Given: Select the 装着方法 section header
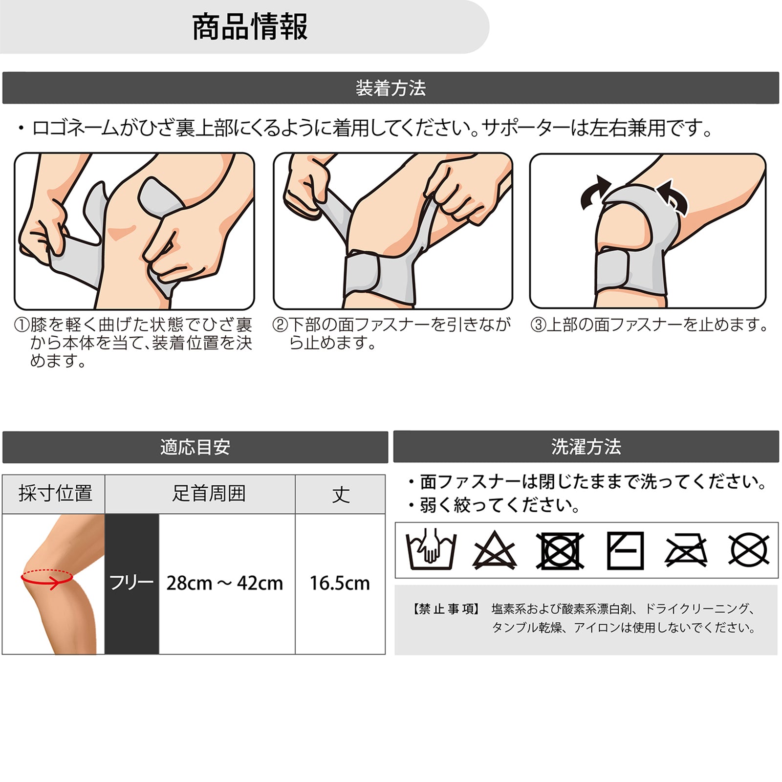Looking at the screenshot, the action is pos(391,88).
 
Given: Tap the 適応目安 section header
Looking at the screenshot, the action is pos(195,447).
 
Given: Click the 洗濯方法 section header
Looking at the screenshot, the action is pos(586,446).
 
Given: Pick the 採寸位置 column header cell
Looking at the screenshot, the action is pos(54,494).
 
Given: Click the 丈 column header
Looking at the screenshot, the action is pos(340,494).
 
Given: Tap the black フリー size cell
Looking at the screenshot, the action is pos(131,584).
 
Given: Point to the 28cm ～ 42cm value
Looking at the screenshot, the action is pos(224,583).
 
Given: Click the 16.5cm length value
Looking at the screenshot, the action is pos(340,583).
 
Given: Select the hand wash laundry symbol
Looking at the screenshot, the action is pos(431,549).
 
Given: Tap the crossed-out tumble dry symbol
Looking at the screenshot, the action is pos(560,551).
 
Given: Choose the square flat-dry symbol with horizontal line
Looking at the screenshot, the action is pos(625,551).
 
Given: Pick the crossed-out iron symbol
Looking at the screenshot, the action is pos(686,551).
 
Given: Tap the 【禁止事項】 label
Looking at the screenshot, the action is pos(446,609).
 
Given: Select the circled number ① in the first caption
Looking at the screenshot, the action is pos(22,325).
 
